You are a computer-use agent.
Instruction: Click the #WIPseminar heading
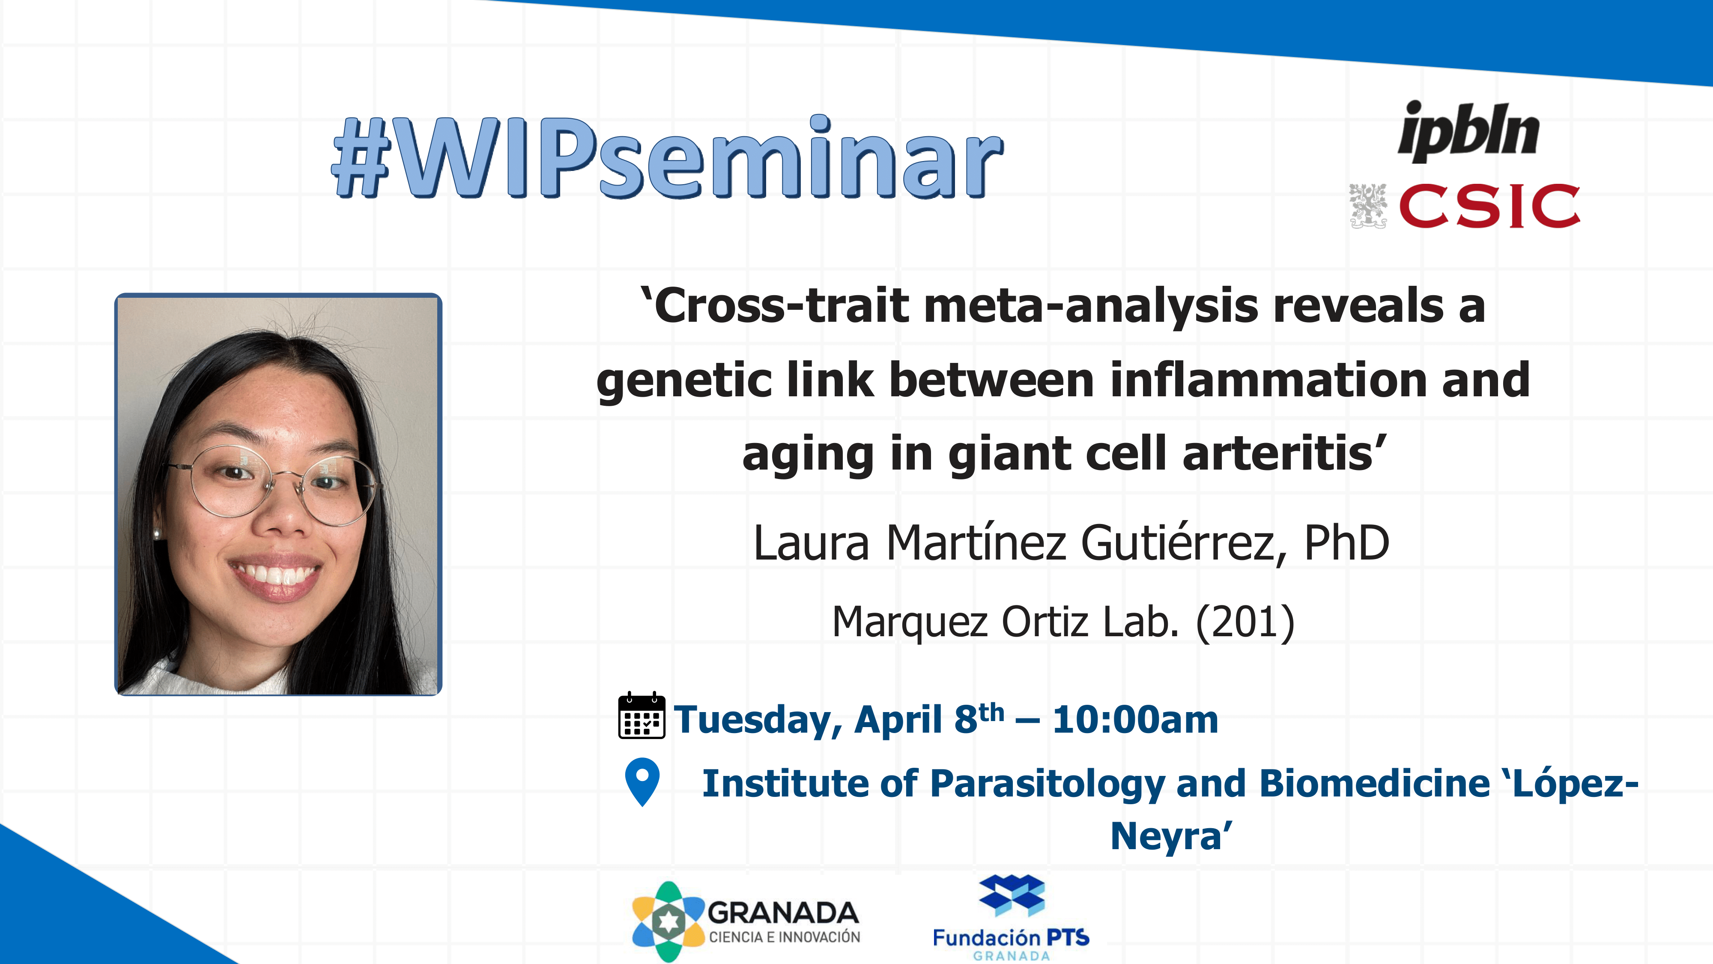tap(668, 158)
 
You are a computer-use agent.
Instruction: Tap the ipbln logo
tap(1469, 132)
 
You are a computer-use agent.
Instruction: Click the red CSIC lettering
tap(1489, 206)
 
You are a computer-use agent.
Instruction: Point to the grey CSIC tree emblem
tap(1368, 206)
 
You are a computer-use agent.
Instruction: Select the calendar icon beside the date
tap(641, 716)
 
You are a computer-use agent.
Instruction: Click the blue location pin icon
tap(642, 782)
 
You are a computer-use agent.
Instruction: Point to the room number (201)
tap(1245, 623)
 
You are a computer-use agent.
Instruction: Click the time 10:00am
tap(1135, 720)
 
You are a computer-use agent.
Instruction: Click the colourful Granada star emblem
tap(668, 922)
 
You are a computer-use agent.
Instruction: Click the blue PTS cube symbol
tap(1012, 895)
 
